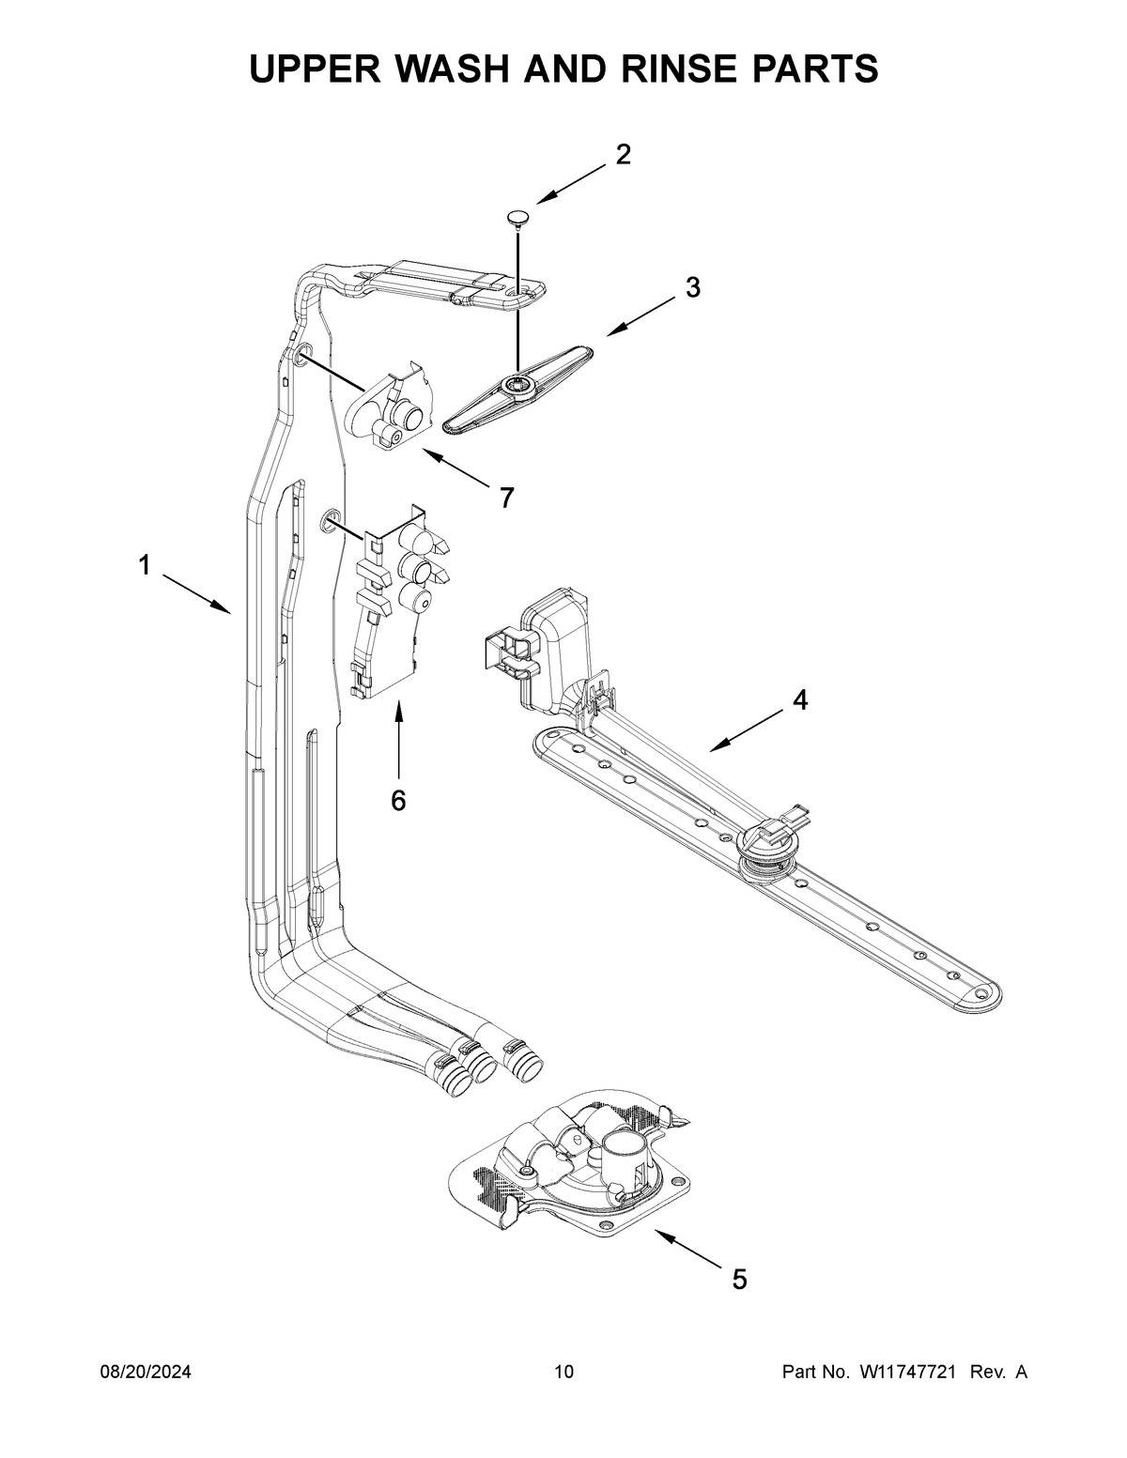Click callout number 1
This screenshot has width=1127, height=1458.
[144, 565]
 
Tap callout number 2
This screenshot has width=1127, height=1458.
[623, 155]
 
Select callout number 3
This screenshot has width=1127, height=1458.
[692, 288]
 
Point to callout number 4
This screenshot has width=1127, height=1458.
[799, 699]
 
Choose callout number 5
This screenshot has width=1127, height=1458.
[739, 1278]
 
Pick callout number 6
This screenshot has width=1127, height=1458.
[398, 800]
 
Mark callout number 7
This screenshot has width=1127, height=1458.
[506, 498]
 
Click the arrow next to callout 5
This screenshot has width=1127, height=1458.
[690, 1250]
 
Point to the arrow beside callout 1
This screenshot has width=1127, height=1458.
[196, 593]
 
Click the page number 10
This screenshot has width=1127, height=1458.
[563, 1373]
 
